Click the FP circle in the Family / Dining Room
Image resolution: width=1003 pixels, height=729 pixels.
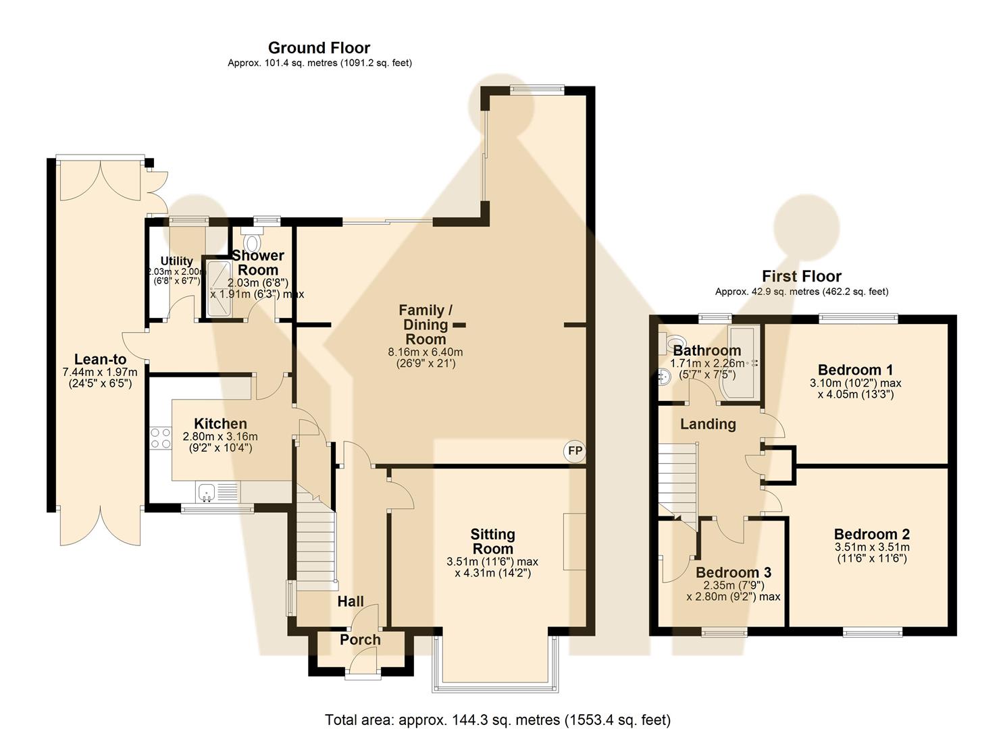[575, 452]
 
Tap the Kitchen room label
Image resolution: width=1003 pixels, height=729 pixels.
[220, 424]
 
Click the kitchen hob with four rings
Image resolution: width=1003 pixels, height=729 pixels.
[161, 438]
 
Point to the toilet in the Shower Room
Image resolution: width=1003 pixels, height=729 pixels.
[253, 241]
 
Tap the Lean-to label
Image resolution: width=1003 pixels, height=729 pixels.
[100, 360]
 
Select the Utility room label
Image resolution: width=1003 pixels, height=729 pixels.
[176, 261]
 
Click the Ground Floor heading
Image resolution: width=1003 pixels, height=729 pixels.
[319, 48]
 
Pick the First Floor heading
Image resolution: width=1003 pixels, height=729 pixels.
[801, 276]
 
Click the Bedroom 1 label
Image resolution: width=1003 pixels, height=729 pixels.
[855, 370]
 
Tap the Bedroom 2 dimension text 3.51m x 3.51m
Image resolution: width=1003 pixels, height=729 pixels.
[871, 547]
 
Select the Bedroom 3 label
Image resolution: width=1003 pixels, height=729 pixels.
[734, 572]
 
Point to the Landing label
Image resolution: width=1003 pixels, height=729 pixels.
[708, 424]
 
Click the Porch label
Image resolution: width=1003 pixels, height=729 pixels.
[360, 640]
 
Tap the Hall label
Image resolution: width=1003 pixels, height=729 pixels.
[351, 601]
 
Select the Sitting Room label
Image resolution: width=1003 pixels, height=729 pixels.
[492, 541]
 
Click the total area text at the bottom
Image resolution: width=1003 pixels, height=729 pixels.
[498, 720]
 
